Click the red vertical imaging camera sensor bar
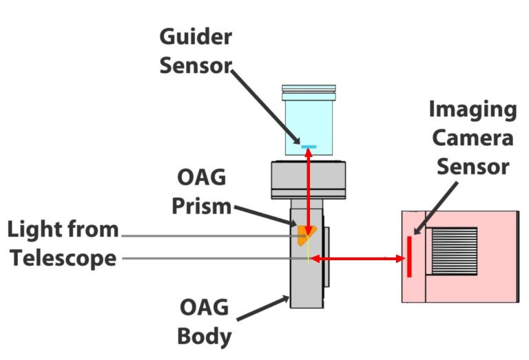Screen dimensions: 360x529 pos(409,256)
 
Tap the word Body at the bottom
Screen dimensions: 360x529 pos(203,337)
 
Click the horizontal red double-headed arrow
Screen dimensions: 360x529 pos(358,259)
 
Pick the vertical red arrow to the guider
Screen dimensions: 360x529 pos(309,193)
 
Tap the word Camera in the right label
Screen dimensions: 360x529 pos(472,138)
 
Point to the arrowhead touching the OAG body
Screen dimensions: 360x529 pos(289,297)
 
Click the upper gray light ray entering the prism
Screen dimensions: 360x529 pos(207,235)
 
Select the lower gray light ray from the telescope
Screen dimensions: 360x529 pos(207,259)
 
